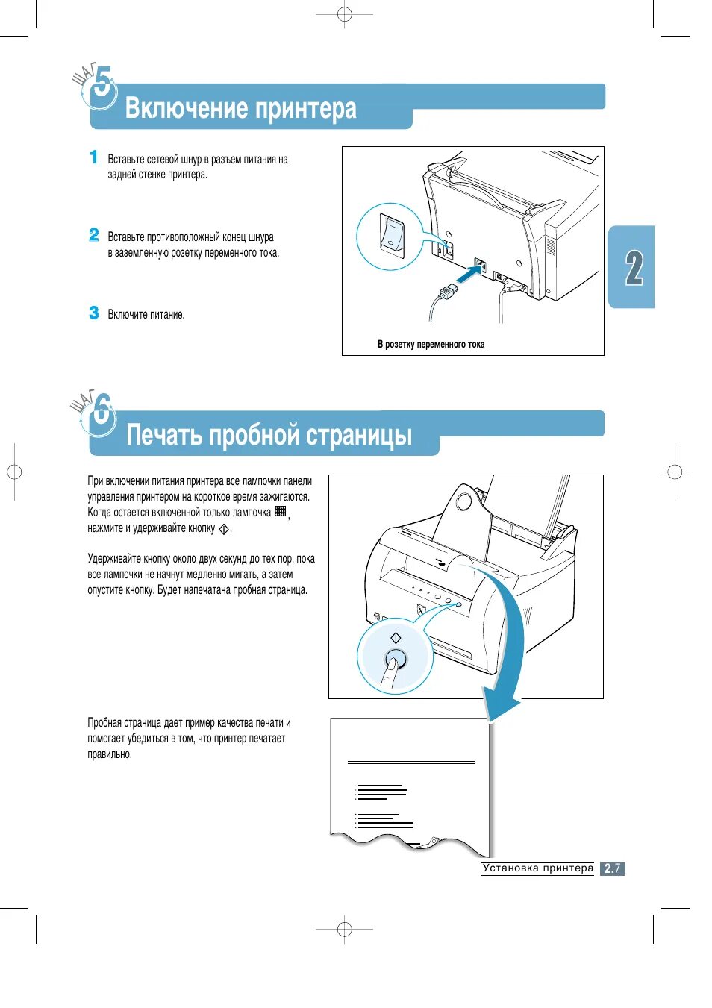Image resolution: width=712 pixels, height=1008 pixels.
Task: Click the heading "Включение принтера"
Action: click(240, 109)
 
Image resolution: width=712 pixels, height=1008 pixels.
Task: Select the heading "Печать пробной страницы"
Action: click(269, 435)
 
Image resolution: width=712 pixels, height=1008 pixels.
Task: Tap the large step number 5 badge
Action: click(102, 86)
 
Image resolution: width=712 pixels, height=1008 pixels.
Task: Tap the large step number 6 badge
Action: click(102, 410)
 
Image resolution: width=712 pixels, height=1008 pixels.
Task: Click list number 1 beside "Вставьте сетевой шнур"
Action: click(93, 157)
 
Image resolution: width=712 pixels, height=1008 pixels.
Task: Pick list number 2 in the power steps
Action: click(93, 235)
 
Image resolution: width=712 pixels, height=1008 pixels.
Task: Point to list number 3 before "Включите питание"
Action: click(93, 313)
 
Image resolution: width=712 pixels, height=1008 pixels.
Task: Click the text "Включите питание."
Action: click(146, 315)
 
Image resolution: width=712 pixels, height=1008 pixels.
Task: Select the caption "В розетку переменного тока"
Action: click(431, 345)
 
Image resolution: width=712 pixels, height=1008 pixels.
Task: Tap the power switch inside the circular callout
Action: click(390, 234)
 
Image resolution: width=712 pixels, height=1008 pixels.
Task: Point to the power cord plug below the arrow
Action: click(449, 291)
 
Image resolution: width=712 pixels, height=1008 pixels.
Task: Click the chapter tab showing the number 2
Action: click(634, 267)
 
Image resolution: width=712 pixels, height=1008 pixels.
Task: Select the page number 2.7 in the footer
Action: click(613, 868)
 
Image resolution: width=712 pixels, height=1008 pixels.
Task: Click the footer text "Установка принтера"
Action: click(537, 868)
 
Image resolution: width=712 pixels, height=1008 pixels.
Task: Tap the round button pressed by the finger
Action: click(396, 658)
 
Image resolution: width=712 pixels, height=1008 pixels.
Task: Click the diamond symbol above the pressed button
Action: click(396, 638)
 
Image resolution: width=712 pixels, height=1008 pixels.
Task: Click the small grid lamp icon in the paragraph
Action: click(281, 511)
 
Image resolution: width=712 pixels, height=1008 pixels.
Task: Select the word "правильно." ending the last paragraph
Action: click(110, 754)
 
